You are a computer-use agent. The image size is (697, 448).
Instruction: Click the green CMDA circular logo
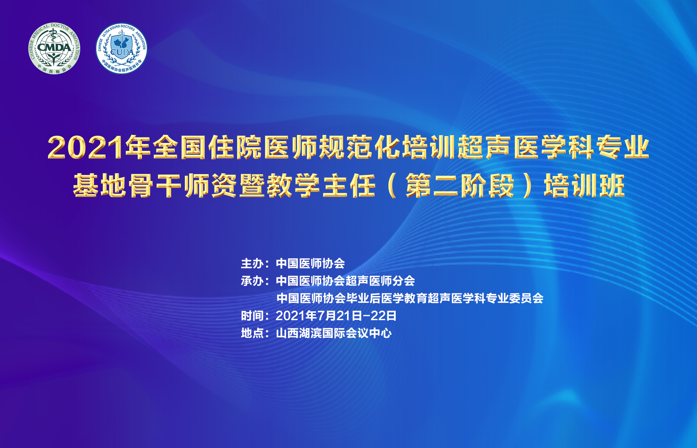54,49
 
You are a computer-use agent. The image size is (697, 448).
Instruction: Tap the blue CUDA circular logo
122,49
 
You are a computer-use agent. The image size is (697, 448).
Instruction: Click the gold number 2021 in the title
86,148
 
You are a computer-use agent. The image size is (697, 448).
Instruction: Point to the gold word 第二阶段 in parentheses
460,185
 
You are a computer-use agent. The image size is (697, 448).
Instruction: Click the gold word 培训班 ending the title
584,185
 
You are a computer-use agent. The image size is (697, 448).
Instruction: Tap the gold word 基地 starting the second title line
99,185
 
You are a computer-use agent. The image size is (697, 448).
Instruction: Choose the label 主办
252,263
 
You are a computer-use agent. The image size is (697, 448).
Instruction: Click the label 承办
252,281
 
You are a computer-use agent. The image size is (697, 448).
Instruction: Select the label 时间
252,316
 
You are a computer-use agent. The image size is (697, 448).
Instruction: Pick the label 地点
252,333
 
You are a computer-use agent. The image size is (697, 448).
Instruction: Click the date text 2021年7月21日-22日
336,316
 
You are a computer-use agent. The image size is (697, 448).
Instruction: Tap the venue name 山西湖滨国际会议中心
334,333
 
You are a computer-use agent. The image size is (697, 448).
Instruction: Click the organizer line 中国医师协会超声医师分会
345,281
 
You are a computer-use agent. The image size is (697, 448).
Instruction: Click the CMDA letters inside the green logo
54,47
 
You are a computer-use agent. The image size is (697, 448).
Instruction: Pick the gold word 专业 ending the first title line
623,147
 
